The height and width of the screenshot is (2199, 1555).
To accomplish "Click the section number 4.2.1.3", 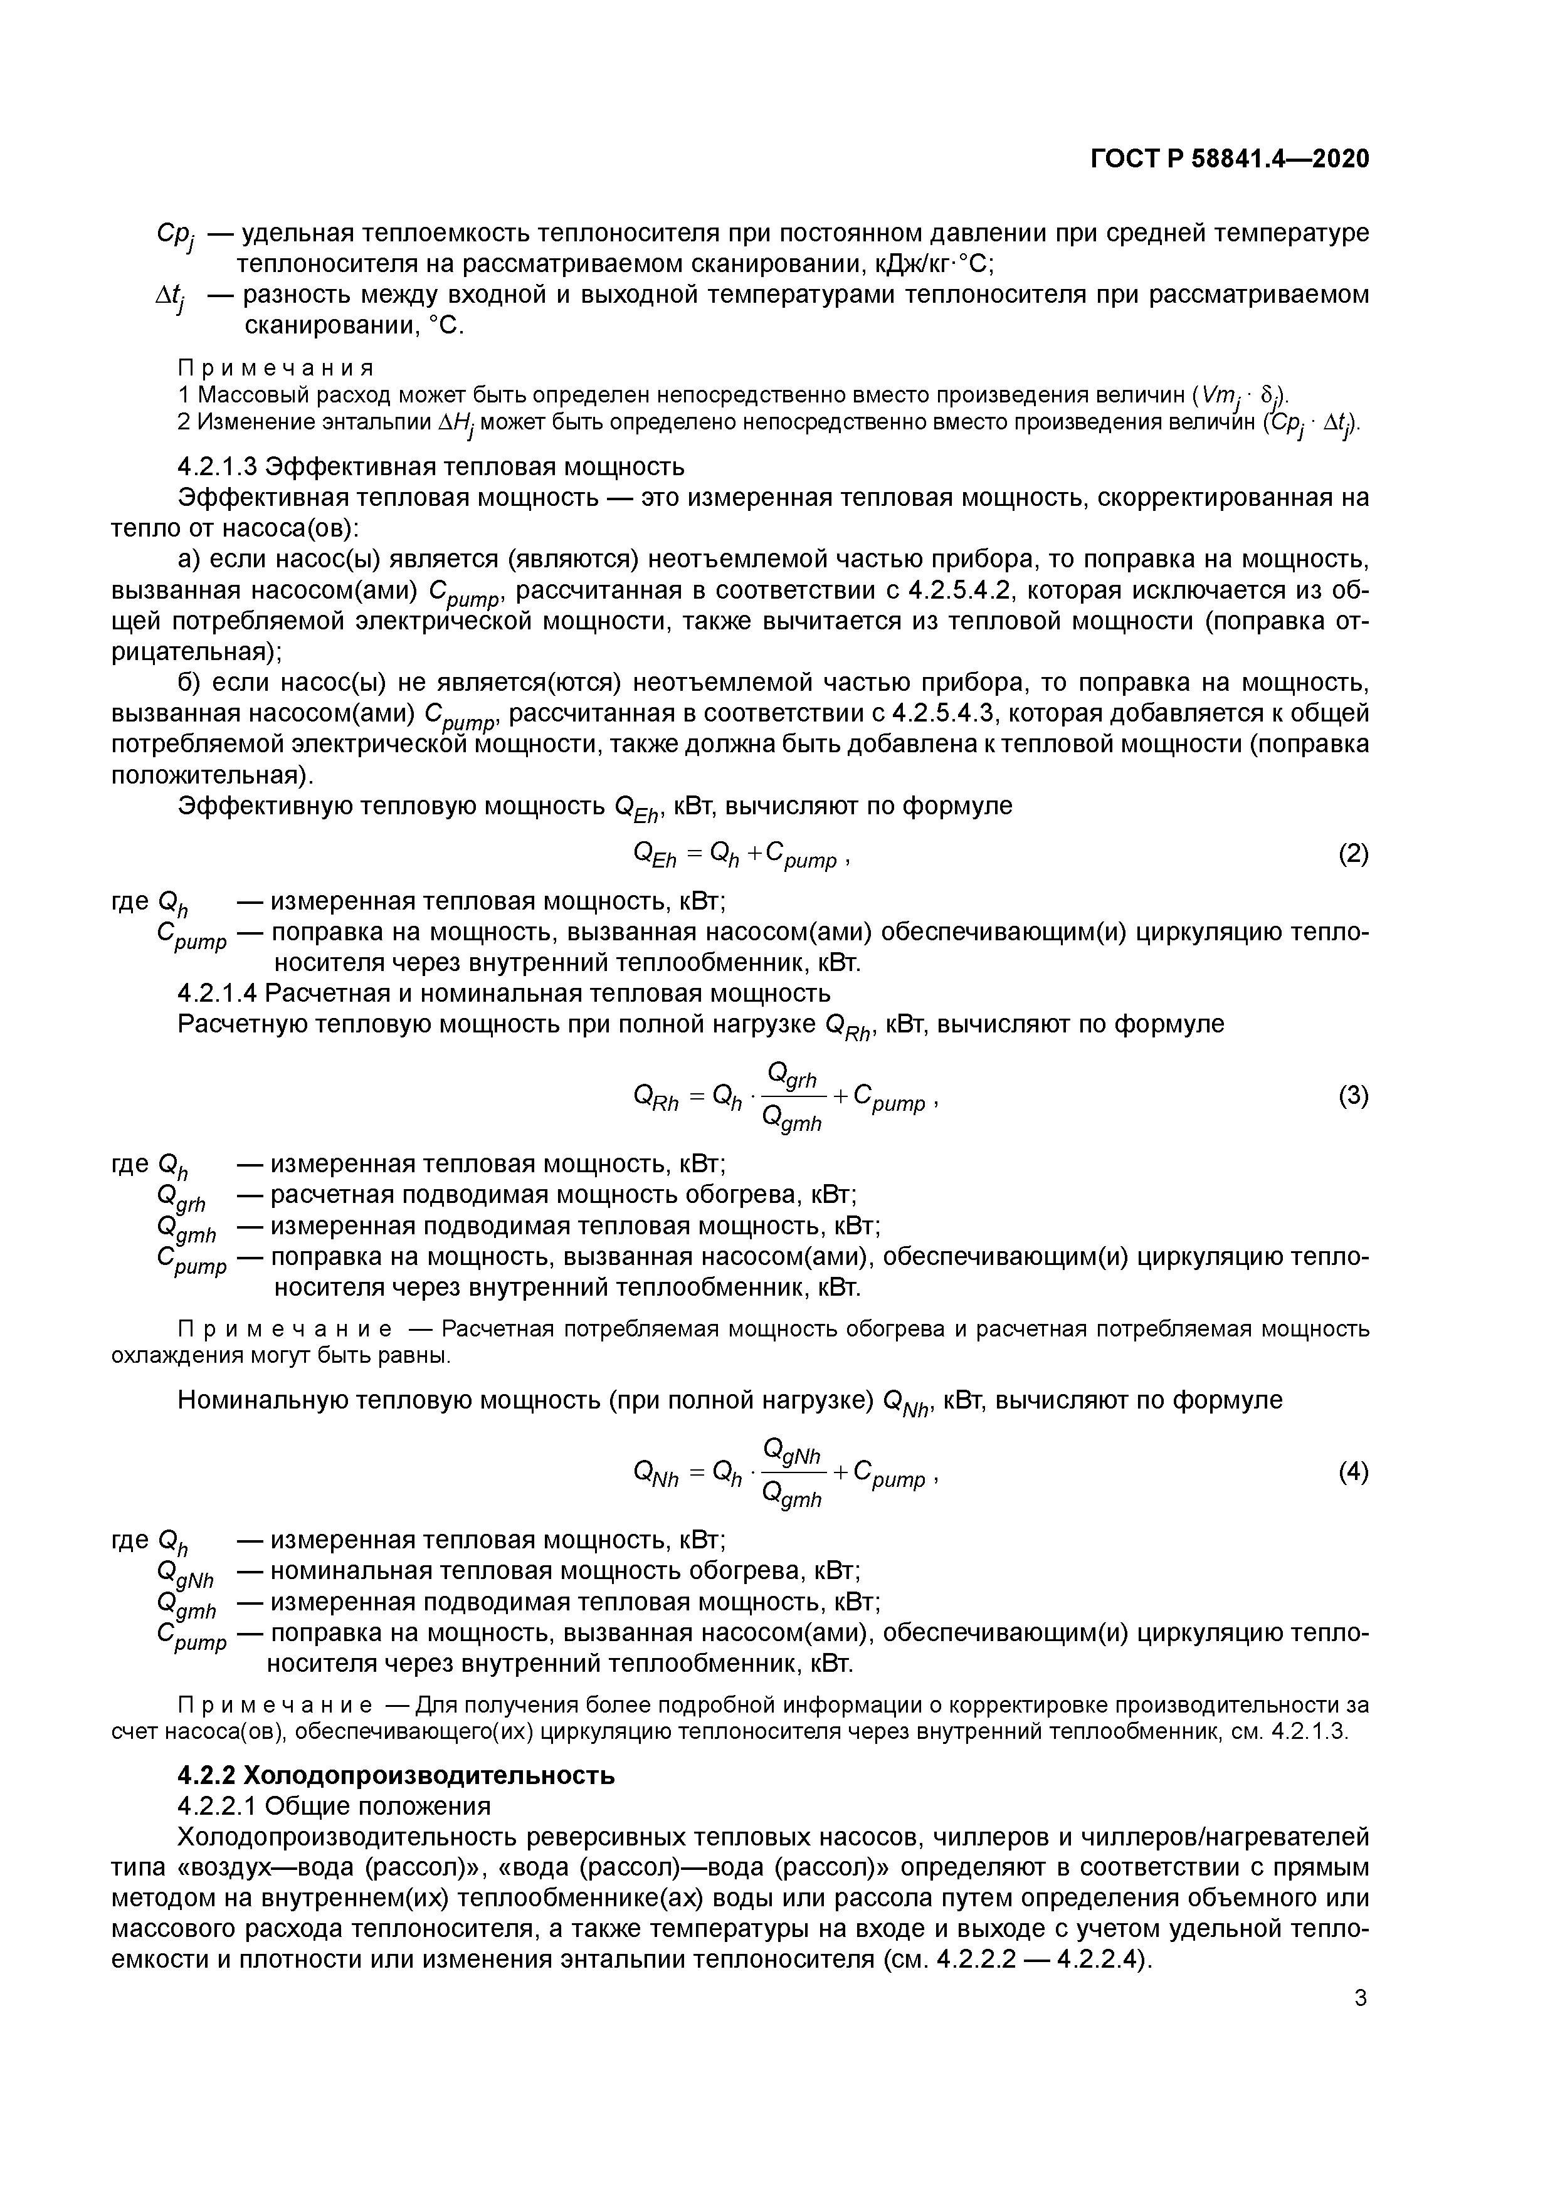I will point(216,466).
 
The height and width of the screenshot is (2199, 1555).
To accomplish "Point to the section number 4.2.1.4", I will point(216,992).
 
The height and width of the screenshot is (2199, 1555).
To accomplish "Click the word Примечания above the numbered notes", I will point(276,368).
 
